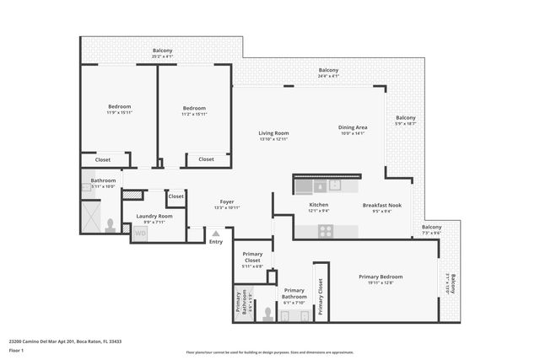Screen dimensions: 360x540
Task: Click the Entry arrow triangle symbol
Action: point(216,234)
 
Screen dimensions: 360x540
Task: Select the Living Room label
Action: point(273,132)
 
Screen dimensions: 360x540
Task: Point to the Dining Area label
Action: point(353,126)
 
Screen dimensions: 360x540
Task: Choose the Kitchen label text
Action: point(318,205)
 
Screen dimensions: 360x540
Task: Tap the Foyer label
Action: point(227,201)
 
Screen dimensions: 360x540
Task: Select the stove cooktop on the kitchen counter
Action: point(327,230)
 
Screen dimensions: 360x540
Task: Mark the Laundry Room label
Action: point(154,216)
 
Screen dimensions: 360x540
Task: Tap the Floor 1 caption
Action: point(17,350)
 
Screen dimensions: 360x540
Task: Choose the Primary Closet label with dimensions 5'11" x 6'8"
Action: point(252,257)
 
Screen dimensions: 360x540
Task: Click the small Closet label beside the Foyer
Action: point(175,196)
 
